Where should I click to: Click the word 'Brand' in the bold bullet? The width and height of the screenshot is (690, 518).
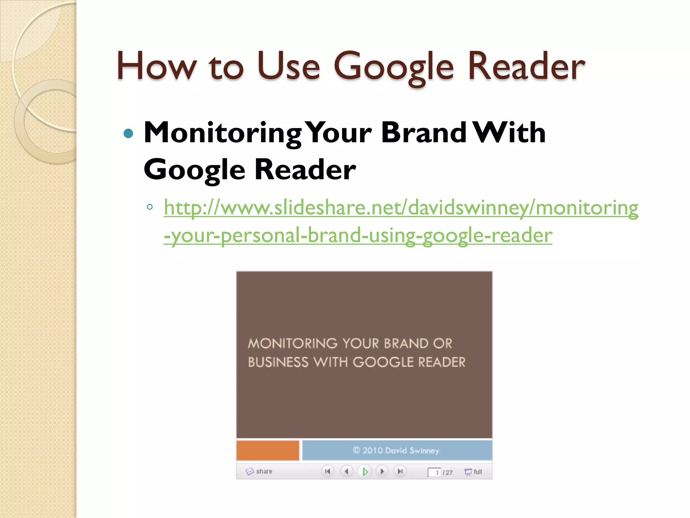coord(424,133)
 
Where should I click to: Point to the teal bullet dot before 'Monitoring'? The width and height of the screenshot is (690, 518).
coord(128,134)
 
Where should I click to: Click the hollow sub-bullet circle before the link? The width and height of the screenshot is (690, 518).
coord(150,207)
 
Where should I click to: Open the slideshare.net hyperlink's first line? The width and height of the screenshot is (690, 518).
coord(401,207)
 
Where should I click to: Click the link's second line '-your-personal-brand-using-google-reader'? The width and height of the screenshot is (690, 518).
coord(358,235)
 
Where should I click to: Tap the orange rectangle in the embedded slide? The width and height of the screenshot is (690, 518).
coord(268,450)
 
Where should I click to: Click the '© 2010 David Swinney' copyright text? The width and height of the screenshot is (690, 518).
coord(396,451)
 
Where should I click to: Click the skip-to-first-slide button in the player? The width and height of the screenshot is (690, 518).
coord(327,471)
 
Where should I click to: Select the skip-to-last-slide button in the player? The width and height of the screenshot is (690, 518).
coord(400,471)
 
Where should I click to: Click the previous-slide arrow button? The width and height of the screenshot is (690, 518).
coord(346,471)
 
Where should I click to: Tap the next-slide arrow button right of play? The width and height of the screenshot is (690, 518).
coord(382,471)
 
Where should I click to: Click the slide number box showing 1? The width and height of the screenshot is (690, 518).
coord(434,472)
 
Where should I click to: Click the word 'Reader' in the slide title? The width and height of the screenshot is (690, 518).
coord(526,66)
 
